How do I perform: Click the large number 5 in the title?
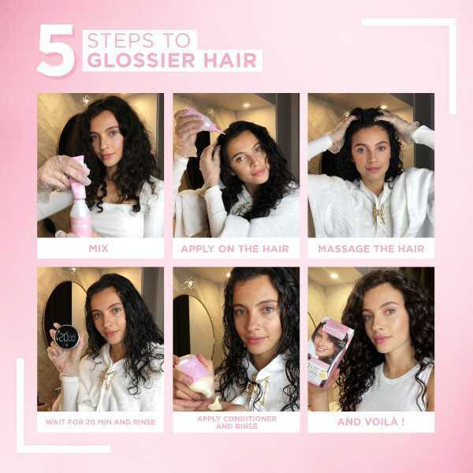pos(56,50)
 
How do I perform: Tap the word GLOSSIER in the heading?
pos(141,60)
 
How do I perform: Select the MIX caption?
pos(99,248)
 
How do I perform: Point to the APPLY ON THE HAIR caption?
pos(235,249)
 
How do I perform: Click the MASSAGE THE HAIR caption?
pos(371,249)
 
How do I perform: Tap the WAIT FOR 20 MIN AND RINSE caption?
pos(100,422)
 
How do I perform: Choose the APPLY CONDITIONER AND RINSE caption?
pos(236,423)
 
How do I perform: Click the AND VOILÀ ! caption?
pos(371,422)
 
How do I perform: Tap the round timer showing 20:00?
pos(67,337)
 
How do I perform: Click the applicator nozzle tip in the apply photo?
pos(224,133)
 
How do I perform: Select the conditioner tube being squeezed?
pos(195,375)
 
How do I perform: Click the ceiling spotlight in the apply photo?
pos(247,105)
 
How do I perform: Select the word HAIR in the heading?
pos(230,60)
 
